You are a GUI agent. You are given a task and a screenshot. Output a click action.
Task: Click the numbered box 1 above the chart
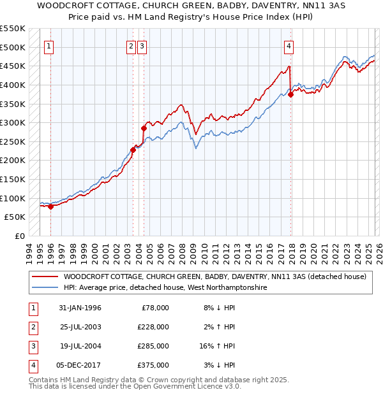49,46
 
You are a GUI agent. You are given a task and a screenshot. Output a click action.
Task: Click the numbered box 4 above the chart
289,46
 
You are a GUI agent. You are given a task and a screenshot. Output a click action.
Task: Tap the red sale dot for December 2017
291,94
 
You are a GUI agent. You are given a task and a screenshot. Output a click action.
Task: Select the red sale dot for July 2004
144,128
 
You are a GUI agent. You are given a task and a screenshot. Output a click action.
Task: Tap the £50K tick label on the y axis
15,217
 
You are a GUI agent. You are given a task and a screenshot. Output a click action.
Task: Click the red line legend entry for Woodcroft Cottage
214,276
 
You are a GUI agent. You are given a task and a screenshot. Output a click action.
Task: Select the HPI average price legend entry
164,288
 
